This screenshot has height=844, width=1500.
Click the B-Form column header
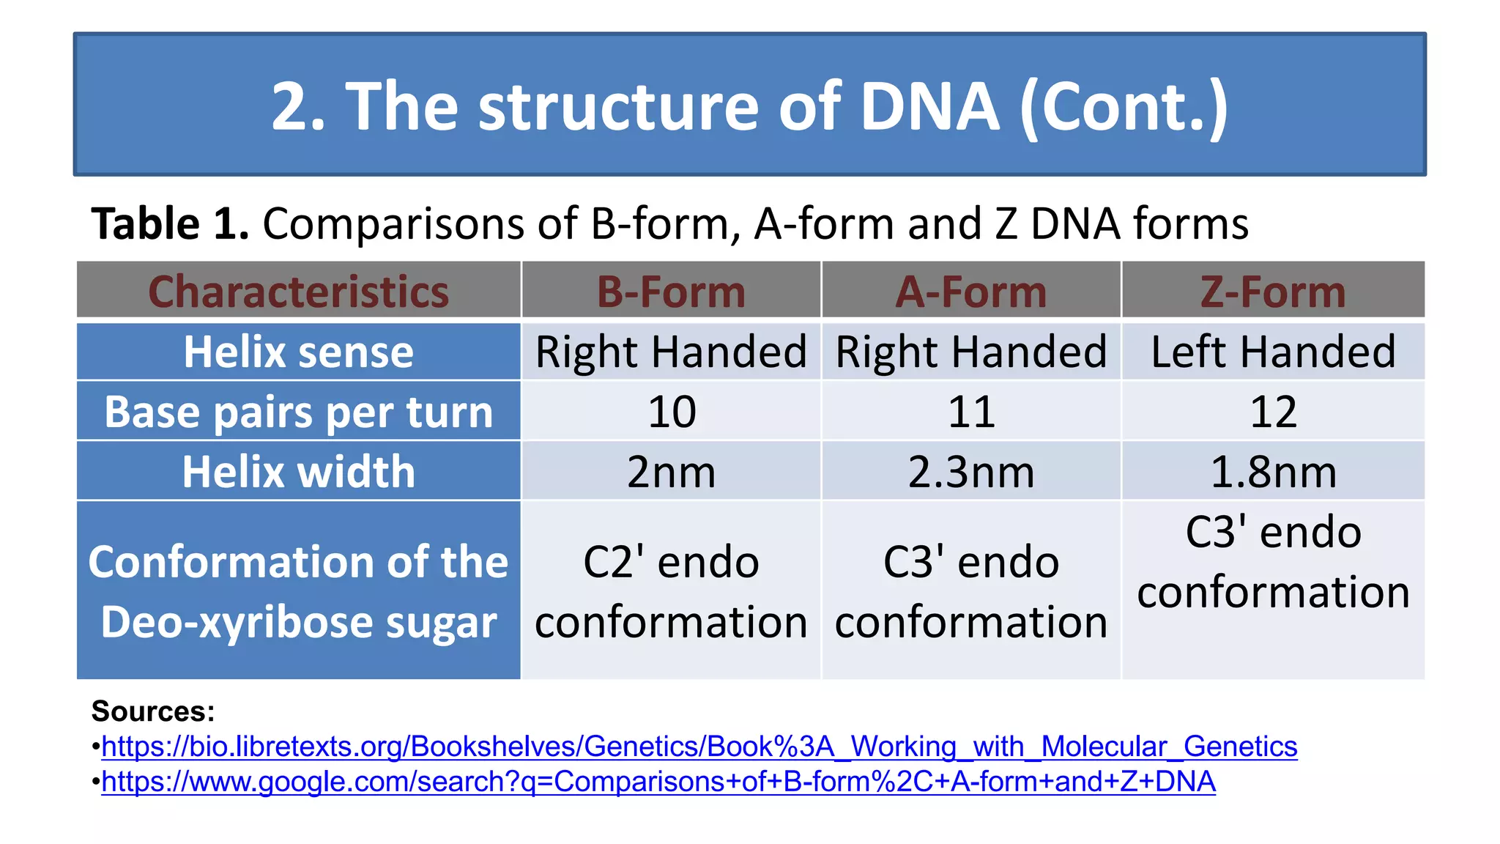[x=671, y=292]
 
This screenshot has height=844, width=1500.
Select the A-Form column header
[x=971, y=292]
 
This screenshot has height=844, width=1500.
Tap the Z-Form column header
[x=1273, y=292]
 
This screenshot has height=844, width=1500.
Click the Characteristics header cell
[x=299, y=292]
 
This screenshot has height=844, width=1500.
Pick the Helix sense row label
[x=299, y=352]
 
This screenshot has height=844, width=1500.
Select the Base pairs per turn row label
[x=299, y=412]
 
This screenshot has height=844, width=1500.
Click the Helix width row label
[x=299, y=471]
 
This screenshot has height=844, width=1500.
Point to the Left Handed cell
[x=1273, y=352]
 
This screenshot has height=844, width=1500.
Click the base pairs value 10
[x=671, y=412]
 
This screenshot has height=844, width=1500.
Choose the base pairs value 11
[x=971, y=412]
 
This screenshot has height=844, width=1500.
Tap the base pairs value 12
[x=1273, y=412]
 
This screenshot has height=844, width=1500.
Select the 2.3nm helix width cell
[x=971, y=471]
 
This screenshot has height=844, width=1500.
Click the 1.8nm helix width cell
[x=1273, y=471]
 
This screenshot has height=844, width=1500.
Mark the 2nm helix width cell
[x=671, y=471]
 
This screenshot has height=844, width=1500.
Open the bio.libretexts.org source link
[x=699, y=747]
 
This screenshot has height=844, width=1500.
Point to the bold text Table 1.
[x=170, y=223]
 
